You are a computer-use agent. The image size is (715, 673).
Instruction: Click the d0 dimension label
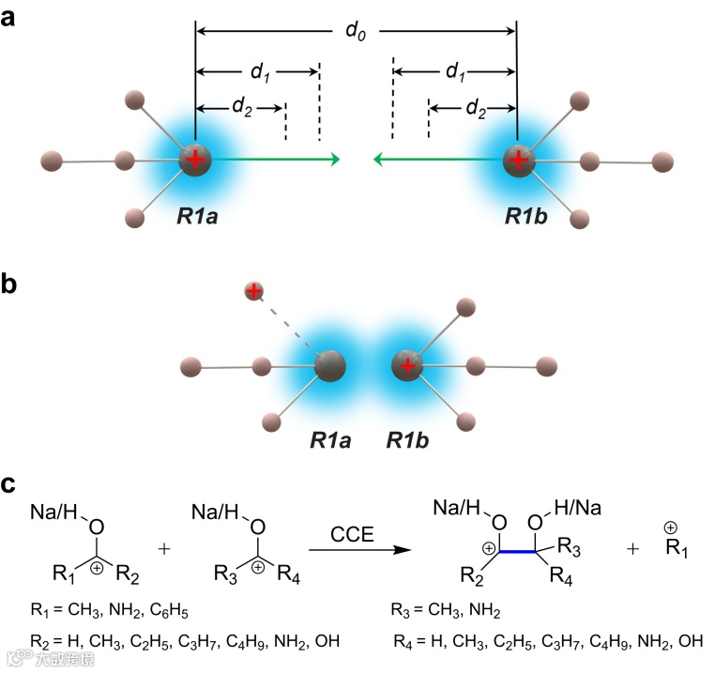click(x=355, y=32)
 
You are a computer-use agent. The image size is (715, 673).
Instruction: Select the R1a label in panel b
click(x=328, y=439)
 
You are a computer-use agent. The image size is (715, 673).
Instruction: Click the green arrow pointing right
click(x=281, y=161)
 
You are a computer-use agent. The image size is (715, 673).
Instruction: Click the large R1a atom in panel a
click(x=196, y=161)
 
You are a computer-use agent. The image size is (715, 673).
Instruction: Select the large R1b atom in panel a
click(x=518, y=161)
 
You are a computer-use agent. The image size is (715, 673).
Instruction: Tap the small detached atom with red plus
click(x=252, y=291)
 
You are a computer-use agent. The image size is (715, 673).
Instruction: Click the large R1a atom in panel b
click(x=328, y=366)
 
